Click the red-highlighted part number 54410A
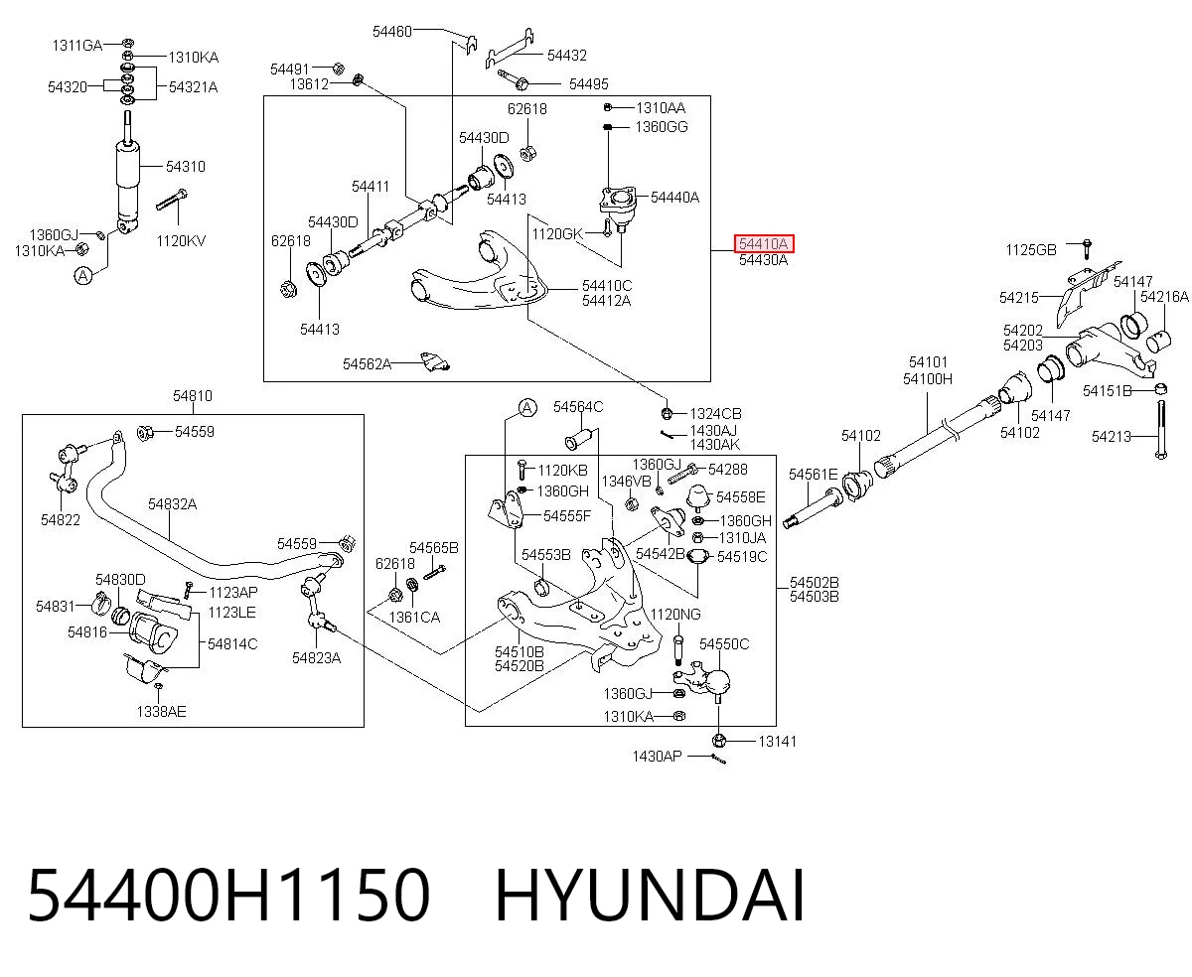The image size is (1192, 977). point(764,244)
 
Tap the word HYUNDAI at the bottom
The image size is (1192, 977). point(650,897)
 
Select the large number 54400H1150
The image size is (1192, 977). point(228,897)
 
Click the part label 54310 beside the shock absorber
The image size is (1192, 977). point(186,167)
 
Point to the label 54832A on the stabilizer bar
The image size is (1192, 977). point(173,504)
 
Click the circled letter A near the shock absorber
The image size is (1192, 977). point(83,276)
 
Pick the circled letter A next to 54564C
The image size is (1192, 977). point(527,408)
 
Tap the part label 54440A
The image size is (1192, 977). point(674,198)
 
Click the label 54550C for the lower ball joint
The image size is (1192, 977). point(724,644)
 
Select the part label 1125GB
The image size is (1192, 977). point(1031,250)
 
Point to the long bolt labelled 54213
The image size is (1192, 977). point(1161,430)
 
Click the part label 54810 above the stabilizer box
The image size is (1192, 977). point(193,396)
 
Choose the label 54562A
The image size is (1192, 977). point(367,364)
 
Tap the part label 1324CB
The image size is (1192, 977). point(715,414)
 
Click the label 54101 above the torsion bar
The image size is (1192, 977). point(928,362)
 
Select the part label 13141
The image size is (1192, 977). point(777,742)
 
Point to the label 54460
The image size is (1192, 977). point(392,32)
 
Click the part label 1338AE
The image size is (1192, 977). point(161,712)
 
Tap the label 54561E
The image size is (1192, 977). point(814,475)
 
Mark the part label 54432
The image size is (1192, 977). point(567,56)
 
